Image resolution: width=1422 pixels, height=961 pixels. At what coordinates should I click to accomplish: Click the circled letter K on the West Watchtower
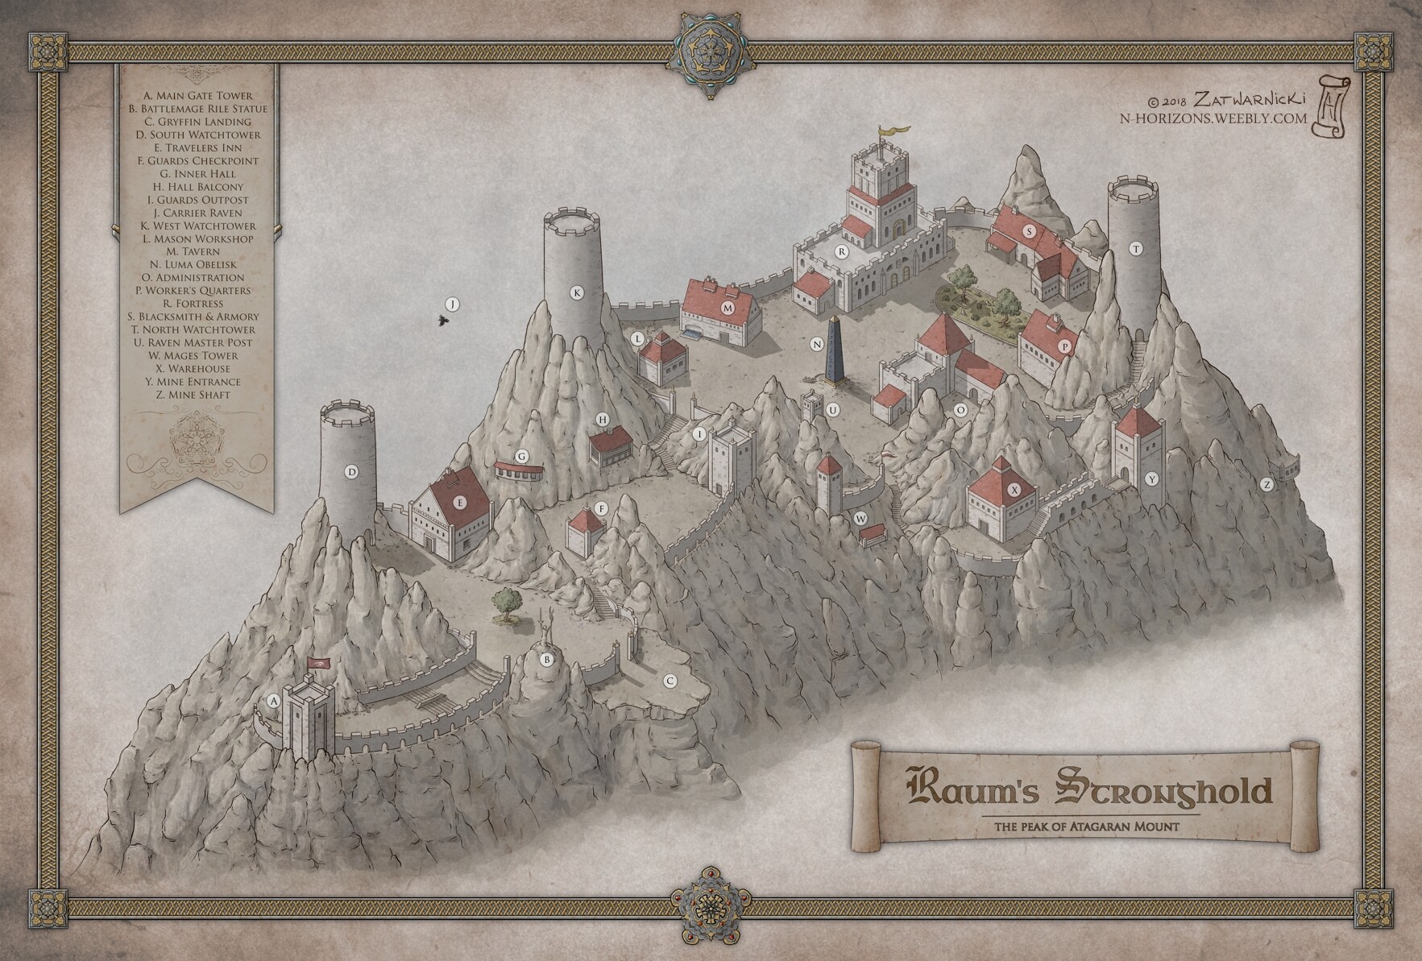[x=577, y=292]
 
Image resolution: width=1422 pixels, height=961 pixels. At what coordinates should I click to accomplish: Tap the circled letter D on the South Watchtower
[x=350, y=472]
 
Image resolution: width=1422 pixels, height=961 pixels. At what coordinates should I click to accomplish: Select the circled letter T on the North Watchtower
[x=1136, y=249]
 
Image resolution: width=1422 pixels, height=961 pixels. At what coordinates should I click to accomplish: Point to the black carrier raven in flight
[x=442, y=321]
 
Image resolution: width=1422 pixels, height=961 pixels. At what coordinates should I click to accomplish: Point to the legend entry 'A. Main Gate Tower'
[x=198, y=96]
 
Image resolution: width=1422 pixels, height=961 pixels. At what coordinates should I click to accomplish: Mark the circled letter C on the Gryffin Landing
[x=669, y=681]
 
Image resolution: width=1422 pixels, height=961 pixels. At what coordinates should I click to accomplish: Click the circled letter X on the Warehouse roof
[x=1014, y=489]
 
